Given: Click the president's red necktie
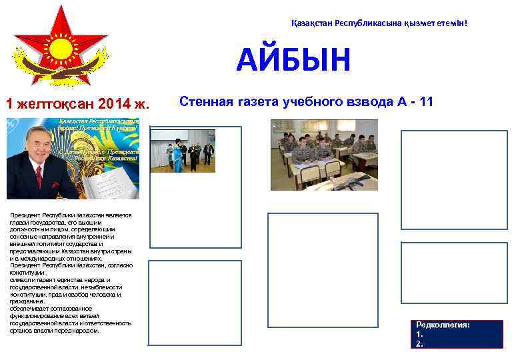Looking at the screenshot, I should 39,177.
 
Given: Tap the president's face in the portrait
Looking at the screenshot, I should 38,147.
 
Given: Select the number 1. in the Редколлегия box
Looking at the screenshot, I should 419,334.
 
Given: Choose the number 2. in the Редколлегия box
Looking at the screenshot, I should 419,343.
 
